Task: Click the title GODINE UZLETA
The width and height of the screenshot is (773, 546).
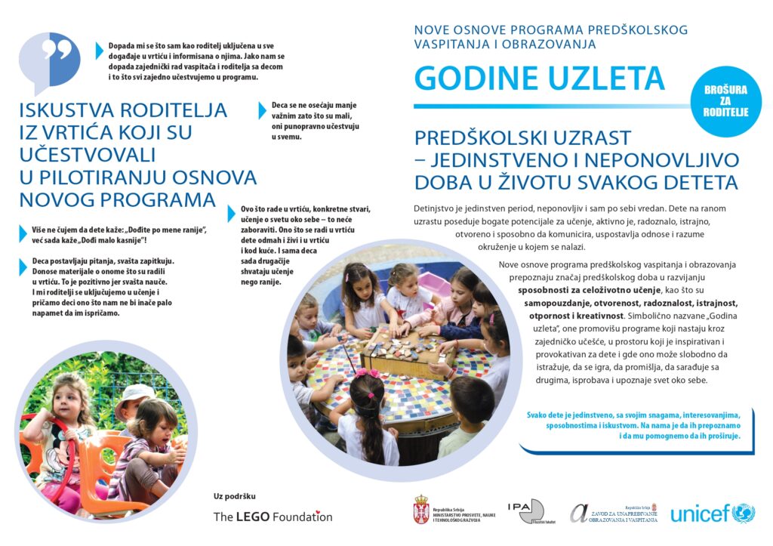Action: [x=539, y=78]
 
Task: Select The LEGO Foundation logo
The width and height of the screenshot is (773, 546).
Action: [x=273, y=517]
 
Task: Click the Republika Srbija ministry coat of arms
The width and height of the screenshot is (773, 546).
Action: [x=421, y=510]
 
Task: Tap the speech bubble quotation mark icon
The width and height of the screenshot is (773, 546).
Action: [x=49, y=60]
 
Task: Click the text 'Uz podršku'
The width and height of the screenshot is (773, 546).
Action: [x=235, y=496]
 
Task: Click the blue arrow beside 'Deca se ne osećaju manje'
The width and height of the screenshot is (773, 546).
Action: [x=263, y=110]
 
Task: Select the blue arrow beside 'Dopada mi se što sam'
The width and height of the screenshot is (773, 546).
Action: [x=100, y=51]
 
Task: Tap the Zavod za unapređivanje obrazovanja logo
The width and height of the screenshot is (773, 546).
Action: [x=613, y=513]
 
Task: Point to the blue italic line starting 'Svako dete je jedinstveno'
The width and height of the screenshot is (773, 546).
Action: [x=634, y=415]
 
